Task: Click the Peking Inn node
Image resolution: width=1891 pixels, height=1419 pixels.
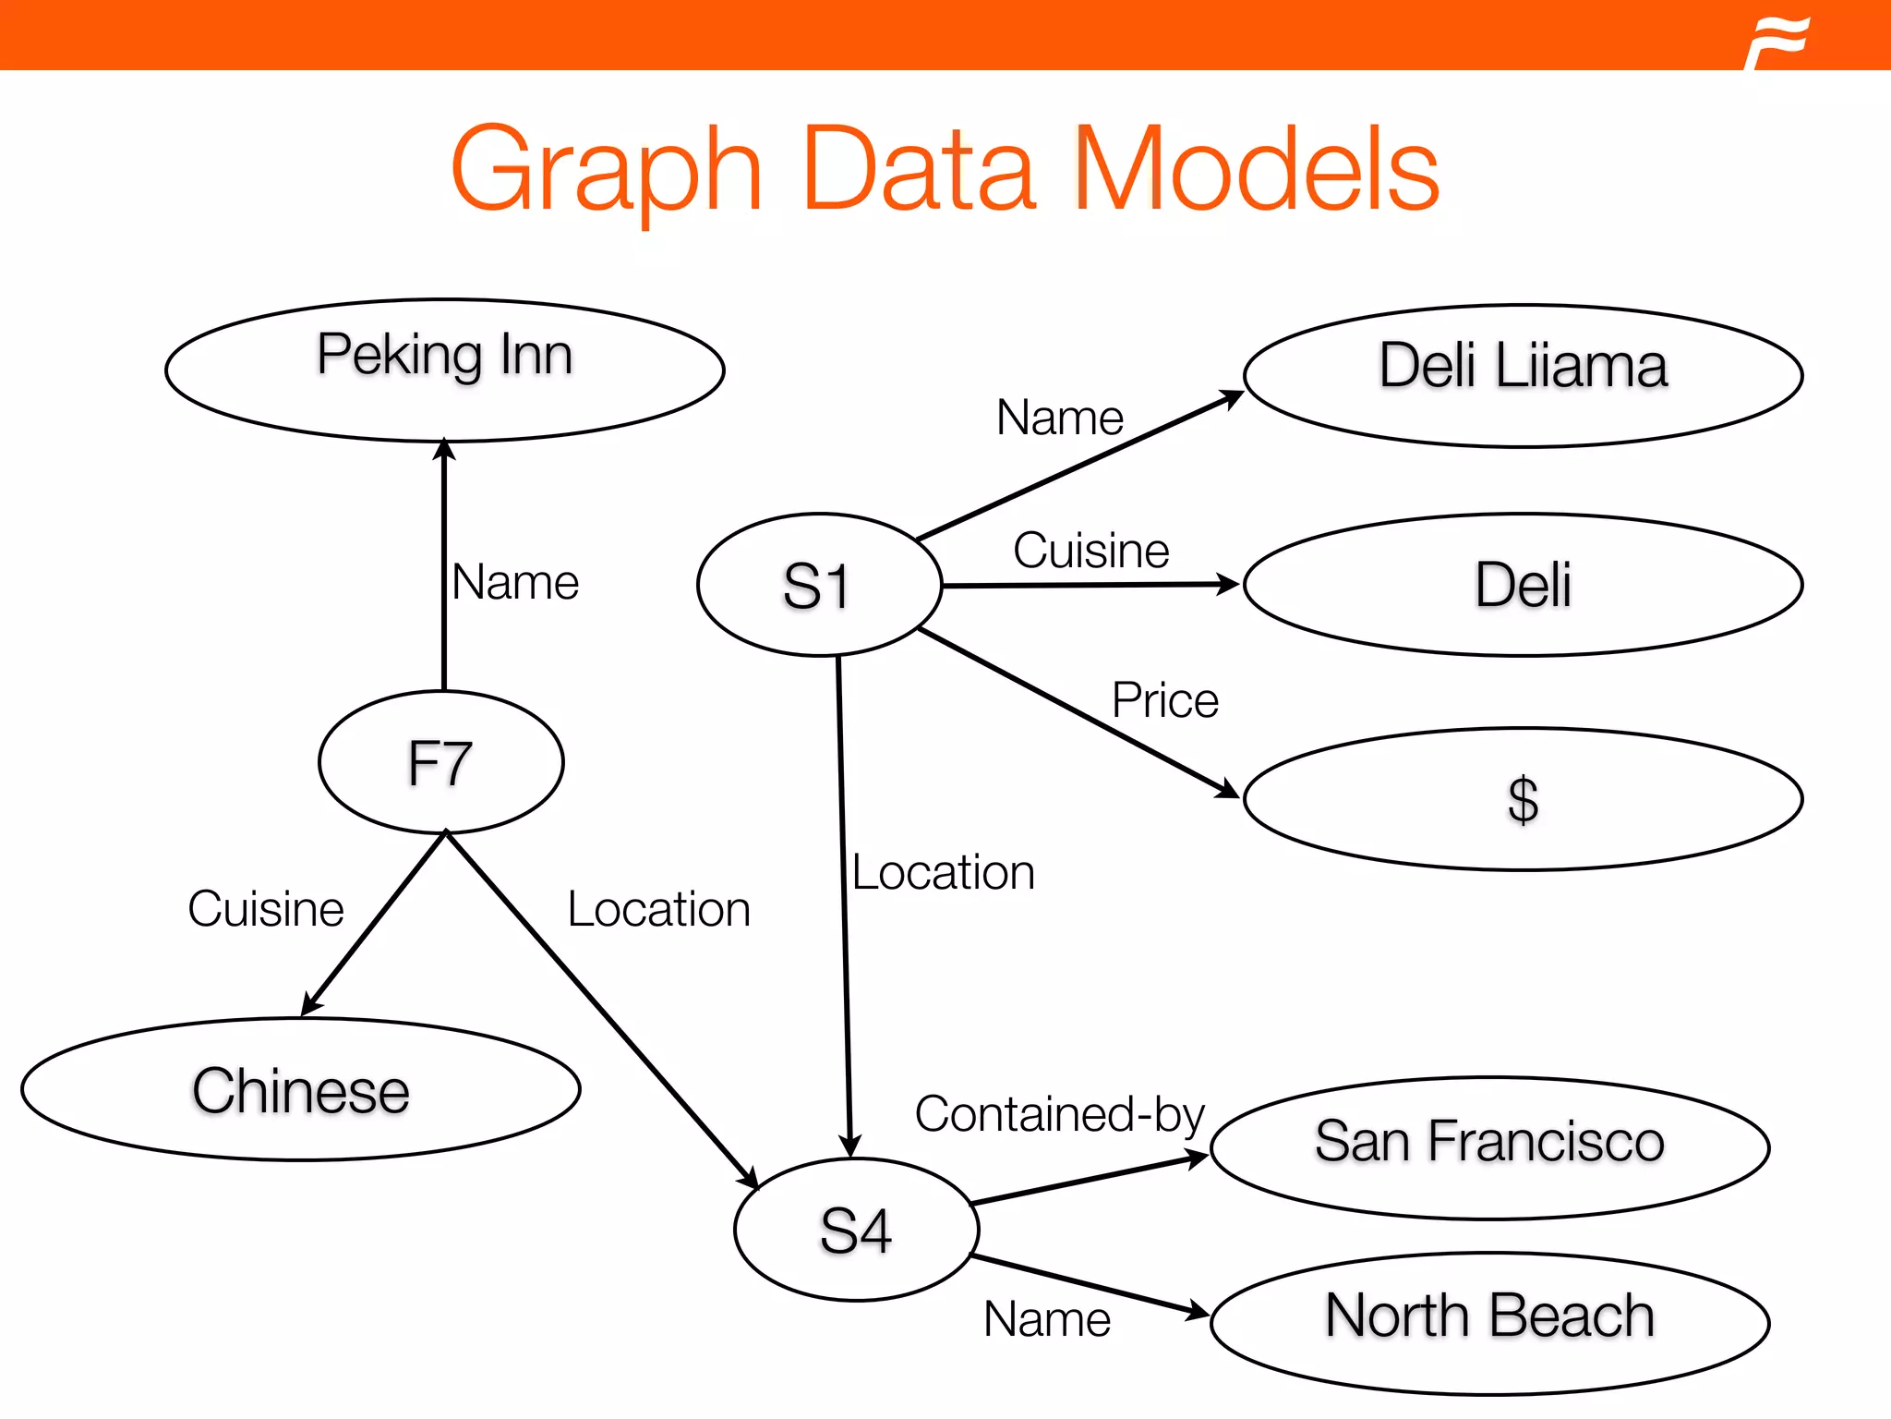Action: (x=444, y=370)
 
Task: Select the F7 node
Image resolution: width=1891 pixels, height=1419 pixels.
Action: (x=440, y=762)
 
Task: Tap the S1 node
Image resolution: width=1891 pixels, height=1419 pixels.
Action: (x=819, y=585)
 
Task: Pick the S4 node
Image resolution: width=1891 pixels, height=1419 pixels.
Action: (x=856, y=1230)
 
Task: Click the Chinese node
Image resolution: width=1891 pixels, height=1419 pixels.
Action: (x=300, y=1090)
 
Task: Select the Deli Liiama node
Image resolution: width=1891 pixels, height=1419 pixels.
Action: (x=1523, y=375)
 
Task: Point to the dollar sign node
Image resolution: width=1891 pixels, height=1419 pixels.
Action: (x=1523, y=799)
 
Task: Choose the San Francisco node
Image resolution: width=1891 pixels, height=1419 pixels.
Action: (x=1489, y=1147)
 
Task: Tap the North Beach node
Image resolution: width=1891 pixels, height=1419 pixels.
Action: (x=1489, y=1323)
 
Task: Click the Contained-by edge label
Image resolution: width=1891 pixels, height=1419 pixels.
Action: (x=1059, y=1114)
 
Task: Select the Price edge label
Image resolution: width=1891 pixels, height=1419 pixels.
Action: (x=1164, y=700)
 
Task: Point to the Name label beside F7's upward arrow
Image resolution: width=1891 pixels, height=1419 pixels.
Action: (x=515, y=583)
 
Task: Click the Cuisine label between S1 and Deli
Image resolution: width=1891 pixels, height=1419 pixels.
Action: (x=1090, y=551)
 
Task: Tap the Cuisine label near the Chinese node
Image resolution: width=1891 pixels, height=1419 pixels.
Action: (x=266, y=909)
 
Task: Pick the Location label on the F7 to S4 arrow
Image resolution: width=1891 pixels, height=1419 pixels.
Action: (x=658, y=910)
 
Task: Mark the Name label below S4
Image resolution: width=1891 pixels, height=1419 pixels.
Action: (x=1046, y=1319)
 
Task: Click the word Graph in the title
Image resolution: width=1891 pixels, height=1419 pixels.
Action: (x=606, y=171)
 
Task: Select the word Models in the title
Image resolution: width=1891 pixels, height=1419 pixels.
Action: (x=1256, y=171)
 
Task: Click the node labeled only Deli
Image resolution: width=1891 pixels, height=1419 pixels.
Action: (x=1523, y=585)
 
